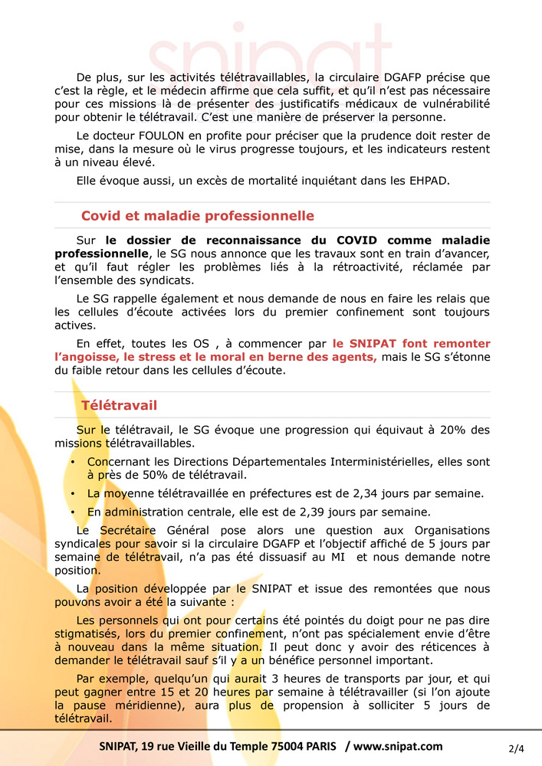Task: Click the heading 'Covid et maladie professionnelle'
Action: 198,216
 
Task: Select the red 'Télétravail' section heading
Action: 119,404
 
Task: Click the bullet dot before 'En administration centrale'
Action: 72,512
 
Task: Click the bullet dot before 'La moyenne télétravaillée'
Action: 72,493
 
